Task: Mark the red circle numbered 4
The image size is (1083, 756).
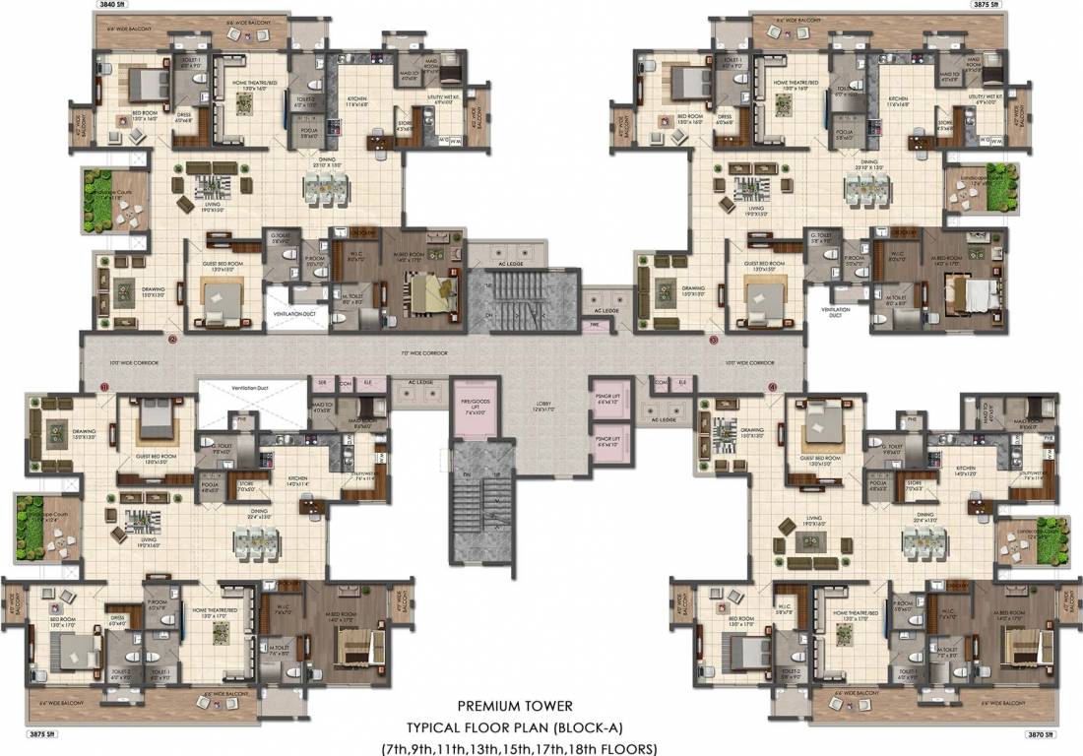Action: pos(773,387)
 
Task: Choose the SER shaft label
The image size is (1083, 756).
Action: pos(321,381)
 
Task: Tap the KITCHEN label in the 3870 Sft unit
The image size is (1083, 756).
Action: pos(964,440)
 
